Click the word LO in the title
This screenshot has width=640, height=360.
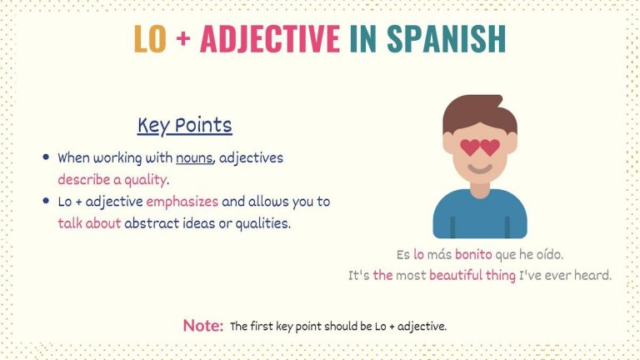pyautogui.click(x=150, y=38)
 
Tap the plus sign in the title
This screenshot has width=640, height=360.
pyautogui.click(x=183, y=39)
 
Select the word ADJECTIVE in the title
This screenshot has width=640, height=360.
pyautogui.click(x=269, y=38)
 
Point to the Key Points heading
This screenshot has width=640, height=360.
pyautogui.click(x=184, y=126)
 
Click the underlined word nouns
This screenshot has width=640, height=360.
pyautogui.click(x=194, y=157)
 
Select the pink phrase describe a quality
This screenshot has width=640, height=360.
pyautogui.click(x=113, y=179)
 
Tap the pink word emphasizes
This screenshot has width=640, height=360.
pyautogui.click(x=182, y=202)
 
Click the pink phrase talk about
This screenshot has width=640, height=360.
pyautogui.click(x=89, y=223)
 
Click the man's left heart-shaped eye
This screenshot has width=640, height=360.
pyautogui.click(x=470, y=147)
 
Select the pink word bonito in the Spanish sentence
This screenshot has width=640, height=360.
pyautogui.click(x=473, y=254)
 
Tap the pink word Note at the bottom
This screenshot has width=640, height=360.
pyautogui.click(x=202, y=326)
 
